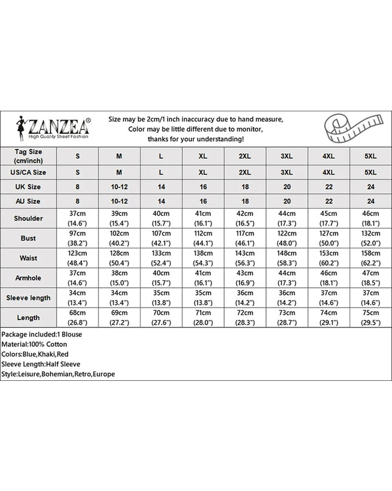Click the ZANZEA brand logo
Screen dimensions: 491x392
[53, 128]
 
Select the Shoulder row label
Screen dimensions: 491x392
[29, 218]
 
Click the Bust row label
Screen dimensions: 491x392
[29, 238]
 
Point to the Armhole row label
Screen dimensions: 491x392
[29, 278]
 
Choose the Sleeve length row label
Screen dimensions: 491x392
[29, 298]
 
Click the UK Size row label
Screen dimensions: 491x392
[29, 184]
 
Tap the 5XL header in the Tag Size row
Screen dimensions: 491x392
[371, 156]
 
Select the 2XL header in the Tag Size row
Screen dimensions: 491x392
[245, 156]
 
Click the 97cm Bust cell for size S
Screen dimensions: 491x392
[78, 238]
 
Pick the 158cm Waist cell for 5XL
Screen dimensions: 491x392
[371, 258]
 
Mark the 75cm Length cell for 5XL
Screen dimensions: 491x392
[371, 318]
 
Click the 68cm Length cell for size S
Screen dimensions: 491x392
[78, 318]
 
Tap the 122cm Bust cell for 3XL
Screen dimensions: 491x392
[287, 238]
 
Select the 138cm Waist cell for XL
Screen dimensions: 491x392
[203, 258]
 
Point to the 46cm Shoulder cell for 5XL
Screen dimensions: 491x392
[371, 218]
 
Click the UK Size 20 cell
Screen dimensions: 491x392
[287, 184]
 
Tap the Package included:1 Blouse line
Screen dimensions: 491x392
[41, 334]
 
